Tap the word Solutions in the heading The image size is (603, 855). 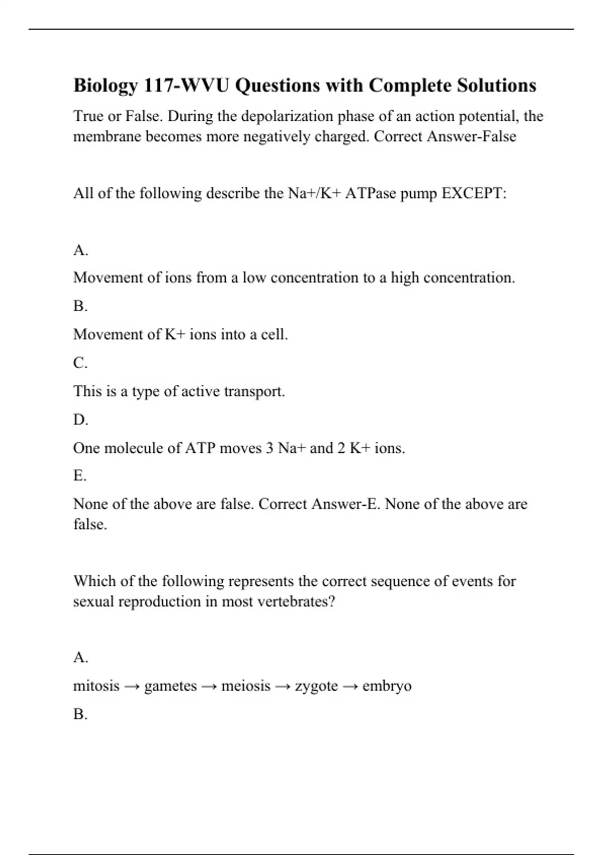coord(496,85)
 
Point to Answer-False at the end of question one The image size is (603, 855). coord(471,136)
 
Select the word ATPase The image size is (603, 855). coord(370,193)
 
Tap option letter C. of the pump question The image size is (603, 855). coord(80,363)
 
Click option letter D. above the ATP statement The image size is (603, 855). coord(80,419)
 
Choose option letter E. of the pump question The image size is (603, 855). coord(80,475)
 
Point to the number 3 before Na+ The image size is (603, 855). coord(269,448)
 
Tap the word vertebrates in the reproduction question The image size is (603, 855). coord(295,602)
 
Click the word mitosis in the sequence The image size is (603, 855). coord(96,686)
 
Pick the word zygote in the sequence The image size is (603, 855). coord(316,687)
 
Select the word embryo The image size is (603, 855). coord(387,687)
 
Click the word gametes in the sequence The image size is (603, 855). coord(170,687)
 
